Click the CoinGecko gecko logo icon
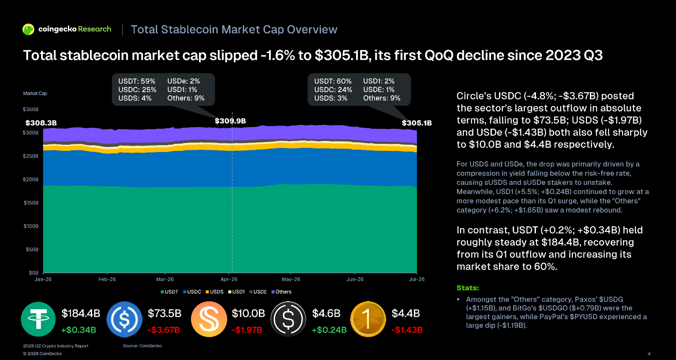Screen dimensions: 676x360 coord(28,29)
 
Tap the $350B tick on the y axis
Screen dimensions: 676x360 coord(31,110)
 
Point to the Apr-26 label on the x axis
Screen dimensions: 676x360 coord(229,279)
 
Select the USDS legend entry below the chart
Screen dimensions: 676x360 coord(215,292)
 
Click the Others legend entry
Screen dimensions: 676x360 coord(281,292)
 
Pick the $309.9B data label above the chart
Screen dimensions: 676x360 coord(230,121)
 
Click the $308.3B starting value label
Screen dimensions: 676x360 coord(41,123)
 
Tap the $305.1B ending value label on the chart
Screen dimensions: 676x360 coord(417,123)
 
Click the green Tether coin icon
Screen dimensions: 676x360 coord(38,319)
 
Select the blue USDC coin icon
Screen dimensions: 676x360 coord(124,319)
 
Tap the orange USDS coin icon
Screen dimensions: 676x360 coord(209,319)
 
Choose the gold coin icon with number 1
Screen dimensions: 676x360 coord(368,319)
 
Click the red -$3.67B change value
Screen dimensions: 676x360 coord(163,330)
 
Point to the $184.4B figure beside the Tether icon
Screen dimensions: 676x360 coord(81,313)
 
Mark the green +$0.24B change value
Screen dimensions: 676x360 coord(329,330)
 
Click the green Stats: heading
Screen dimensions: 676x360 coord(468,288)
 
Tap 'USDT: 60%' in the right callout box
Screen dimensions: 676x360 coord(333,81)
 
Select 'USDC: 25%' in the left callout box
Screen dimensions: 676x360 coord(137,90)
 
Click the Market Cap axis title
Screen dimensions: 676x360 coord(35,93)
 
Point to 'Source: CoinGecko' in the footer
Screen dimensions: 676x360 coord(142,346)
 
